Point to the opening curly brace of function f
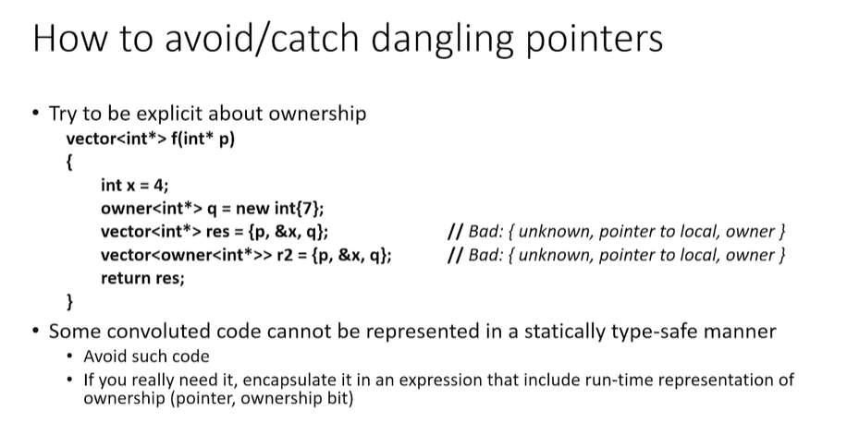(x=69, y=163)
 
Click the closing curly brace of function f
(x=69, y=301)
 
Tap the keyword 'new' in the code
(x=252, y=208)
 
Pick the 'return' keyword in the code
(x=124, y=278)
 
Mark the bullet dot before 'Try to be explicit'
(x=36, y=114)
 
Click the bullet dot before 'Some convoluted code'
(x=36, y=331)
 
